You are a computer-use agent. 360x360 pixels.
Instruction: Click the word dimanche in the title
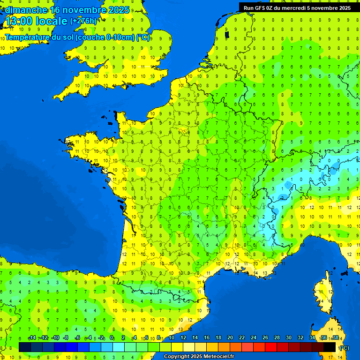[x=26, y=10]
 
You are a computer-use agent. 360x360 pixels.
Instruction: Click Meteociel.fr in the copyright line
[x=216, y=357]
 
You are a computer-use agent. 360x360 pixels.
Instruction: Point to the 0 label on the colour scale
[x=112, y=337]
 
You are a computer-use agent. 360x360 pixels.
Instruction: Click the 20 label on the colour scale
[x=230, y=337]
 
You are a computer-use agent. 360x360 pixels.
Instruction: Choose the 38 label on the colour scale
[x=335, y=337]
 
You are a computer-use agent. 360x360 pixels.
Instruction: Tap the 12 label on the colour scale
[x=183, y=337]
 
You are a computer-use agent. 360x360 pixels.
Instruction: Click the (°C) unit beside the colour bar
[x=345, y=348]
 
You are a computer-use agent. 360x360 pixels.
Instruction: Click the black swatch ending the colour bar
[x=330, y=347]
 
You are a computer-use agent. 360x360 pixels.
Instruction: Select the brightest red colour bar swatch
[x=271, y=347]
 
